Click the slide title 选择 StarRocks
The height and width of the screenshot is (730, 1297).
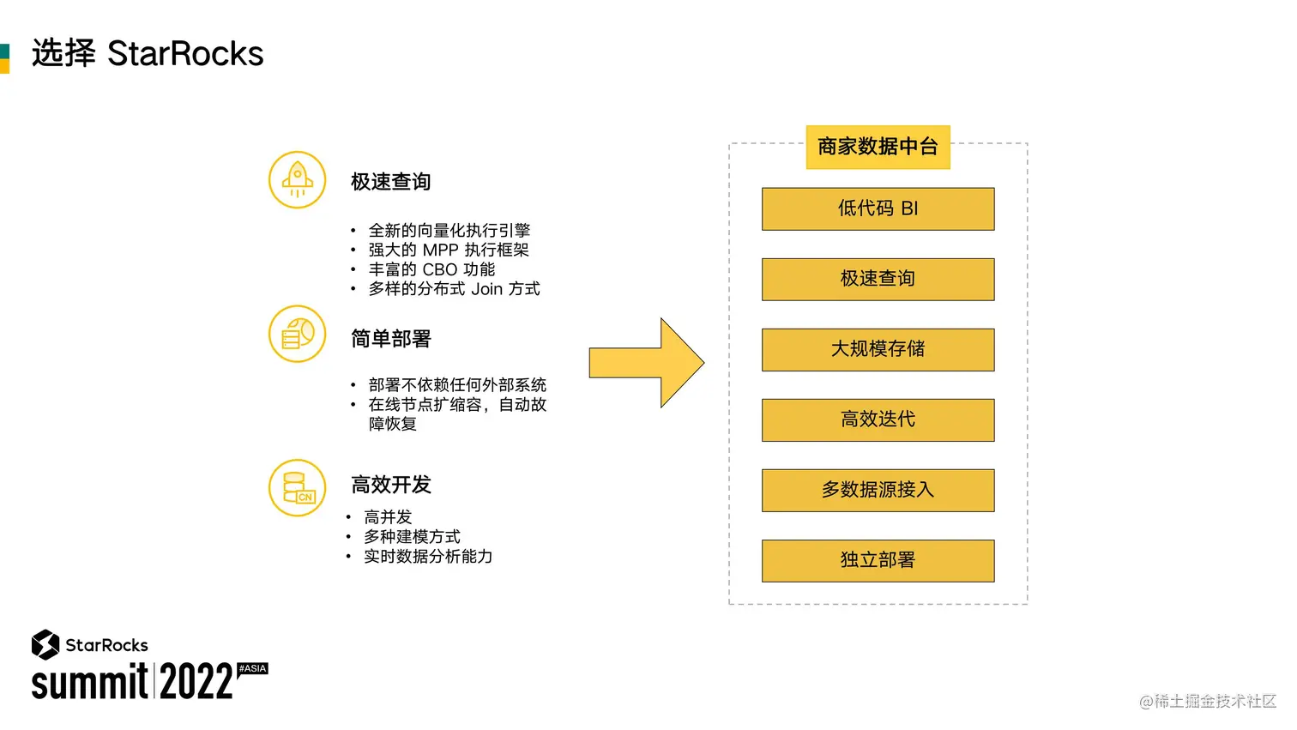click(x=148, y=53)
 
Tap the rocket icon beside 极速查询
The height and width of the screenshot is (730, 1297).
click(x=297, y=180)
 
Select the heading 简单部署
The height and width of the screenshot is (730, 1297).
click(x=390, y=339)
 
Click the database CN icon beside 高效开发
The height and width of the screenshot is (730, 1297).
click(x=297, y=487)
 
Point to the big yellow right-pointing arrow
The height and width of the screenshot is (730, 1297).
click(x=648, y=363)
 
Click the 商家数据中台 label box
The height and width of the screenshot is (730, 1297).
click(x=878, y=147)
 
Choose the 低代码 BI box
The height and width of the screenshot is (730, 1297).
click(x=878, y=208)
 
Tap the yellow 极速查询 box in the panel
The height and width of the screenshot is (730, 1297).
click(x=878, y=279)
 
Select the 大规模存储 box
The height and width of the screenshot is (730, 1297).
click(x=878, y=349)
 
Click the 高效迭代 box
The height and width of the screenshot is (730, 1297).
click(x=878, y=419)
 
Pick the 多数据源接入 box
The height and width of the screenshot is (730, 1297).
click(x=878, y=490)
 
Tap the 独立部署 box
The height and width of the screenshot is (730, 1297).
click(x=878, y=560)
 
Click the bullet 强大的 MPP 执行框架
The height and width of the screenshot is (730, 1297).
click(x=449, y=250)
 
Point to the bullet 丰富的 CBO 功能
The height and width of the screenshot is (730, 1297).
click(x=431, y=269)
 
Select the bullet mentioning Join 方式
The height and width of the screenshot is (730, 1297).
click(x=454, y=289)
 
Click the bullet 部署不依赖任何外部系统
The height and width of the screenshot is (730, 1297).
click(x=457, y=385)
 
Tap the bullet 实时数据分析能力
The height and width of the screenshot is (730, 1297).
click(x=428, y=557)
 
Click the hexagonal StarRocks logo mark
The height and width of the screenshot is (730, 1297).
click(x=45, y=644)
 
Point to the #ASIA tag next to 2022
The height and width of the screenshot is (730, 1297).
click(x=252, y=668)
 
